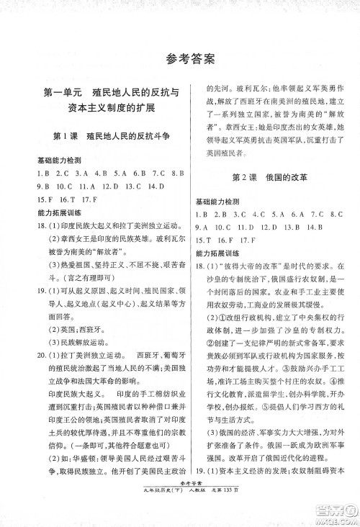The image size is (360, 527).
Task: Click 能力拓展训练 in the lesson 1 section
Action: [x=57, y=214]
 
